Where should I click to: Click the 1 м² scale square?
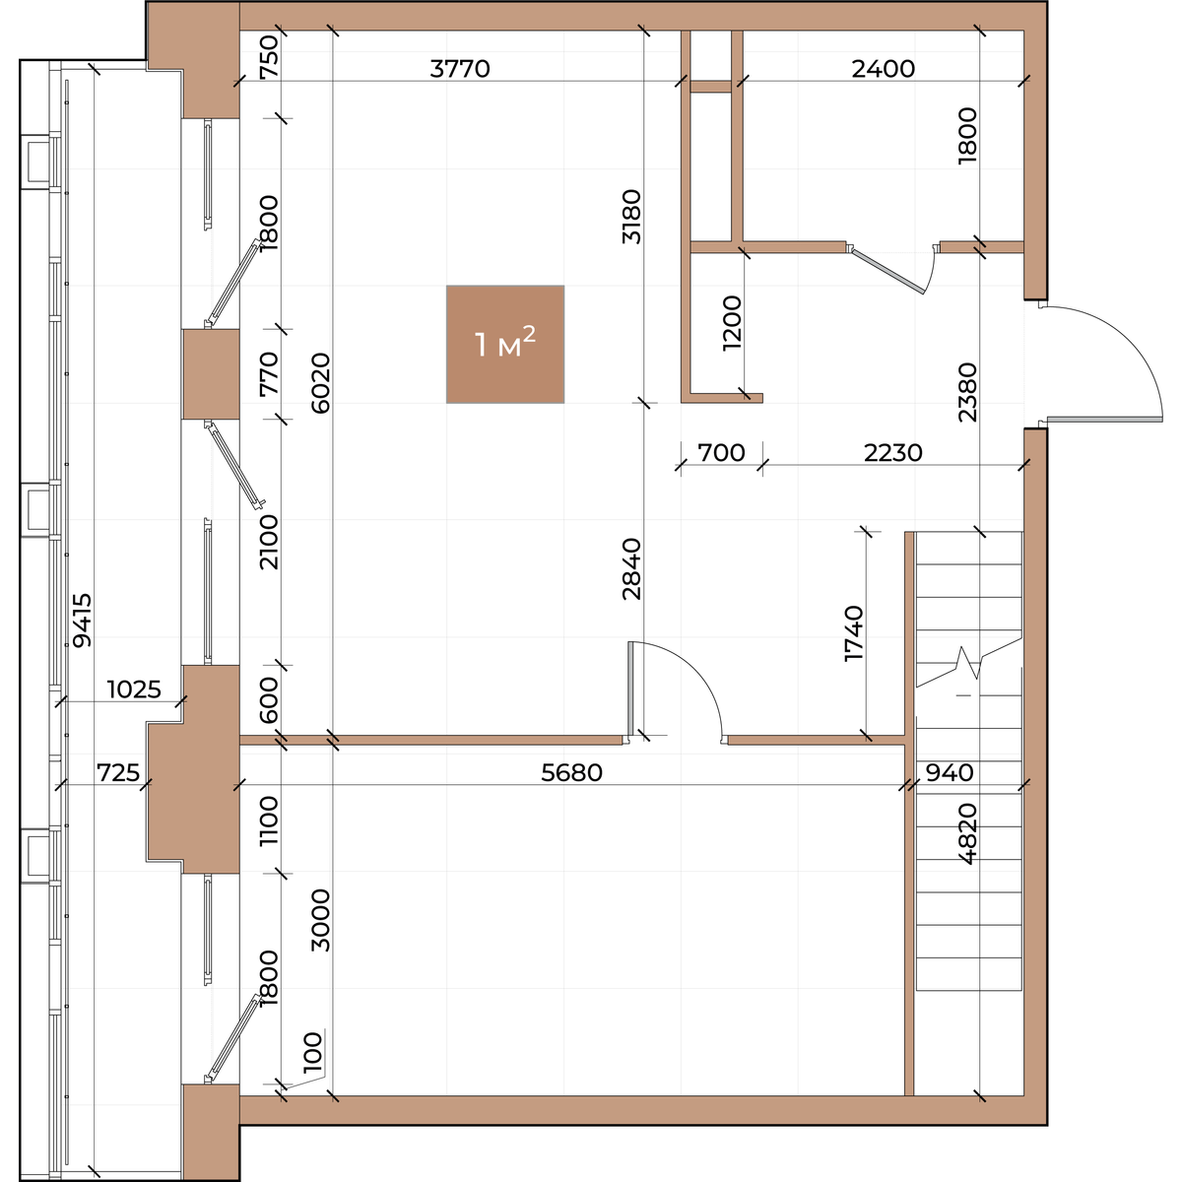(x=505, y=344)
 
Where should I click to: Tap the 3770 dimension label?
(x=460, y=69)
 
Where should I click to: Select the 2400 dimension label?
(x=884, y=69)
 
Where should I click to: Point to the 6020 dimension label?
(x=321, y=383)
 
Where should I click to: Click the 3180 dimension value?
(x=631, y=217)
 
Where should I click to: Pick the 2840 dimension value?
(x=631, y=568)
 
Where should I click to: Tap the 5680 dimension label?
(x=571, y=772)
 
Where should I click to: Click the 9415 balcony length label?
(x=82, y=621)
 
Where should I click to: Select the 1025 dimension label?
(x=134, y=689)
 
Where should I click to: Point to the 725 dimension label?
(x=118, y=772)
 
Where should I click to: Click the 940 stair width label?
(x=949, y=772)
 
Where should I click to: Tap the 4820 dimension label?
(x=968, y=833)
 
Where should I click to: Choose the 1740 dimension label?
(x=854, y=633)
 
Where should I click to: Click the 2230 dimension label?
(x=892, y=453)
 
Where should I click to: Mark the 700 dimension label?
(x=721, y=453)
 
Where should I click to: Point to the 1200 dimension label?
(x=732, y=323)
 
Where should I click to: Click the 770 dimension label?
(x=269, y=373)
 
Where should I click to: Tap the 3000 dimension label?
(x=321, y=919)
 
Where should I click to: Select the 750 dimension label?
(x=269, y=56)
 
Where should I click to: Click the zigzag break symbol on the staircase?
(x=967, y=663)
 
